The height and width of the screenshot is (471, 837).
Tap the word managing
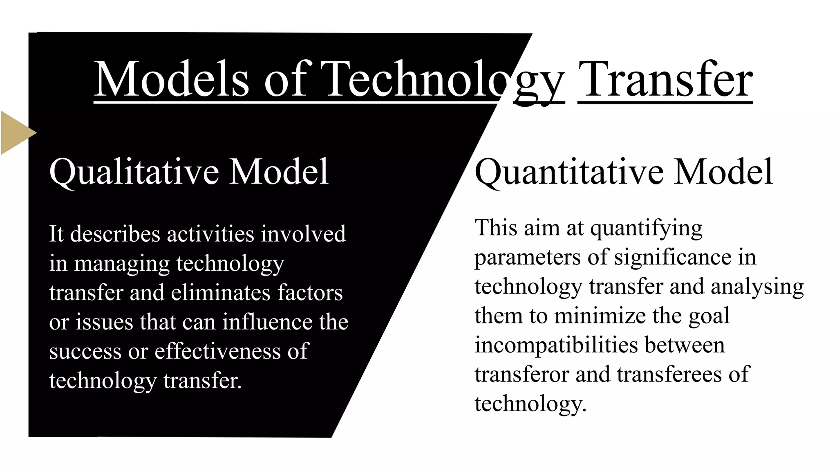point(121,264)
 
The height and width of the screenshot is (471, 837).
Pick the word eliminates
point(221,293)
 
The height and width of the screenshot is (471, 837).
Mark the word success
point(85,352)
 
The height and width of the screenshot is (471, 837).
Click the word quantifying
point(647,229)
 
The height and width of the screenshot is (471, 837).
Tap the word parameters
point(528,258)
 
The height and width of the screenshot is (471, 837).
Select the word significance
point(673,258)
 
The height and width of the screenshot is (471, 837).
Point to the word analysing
point(757,287)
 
